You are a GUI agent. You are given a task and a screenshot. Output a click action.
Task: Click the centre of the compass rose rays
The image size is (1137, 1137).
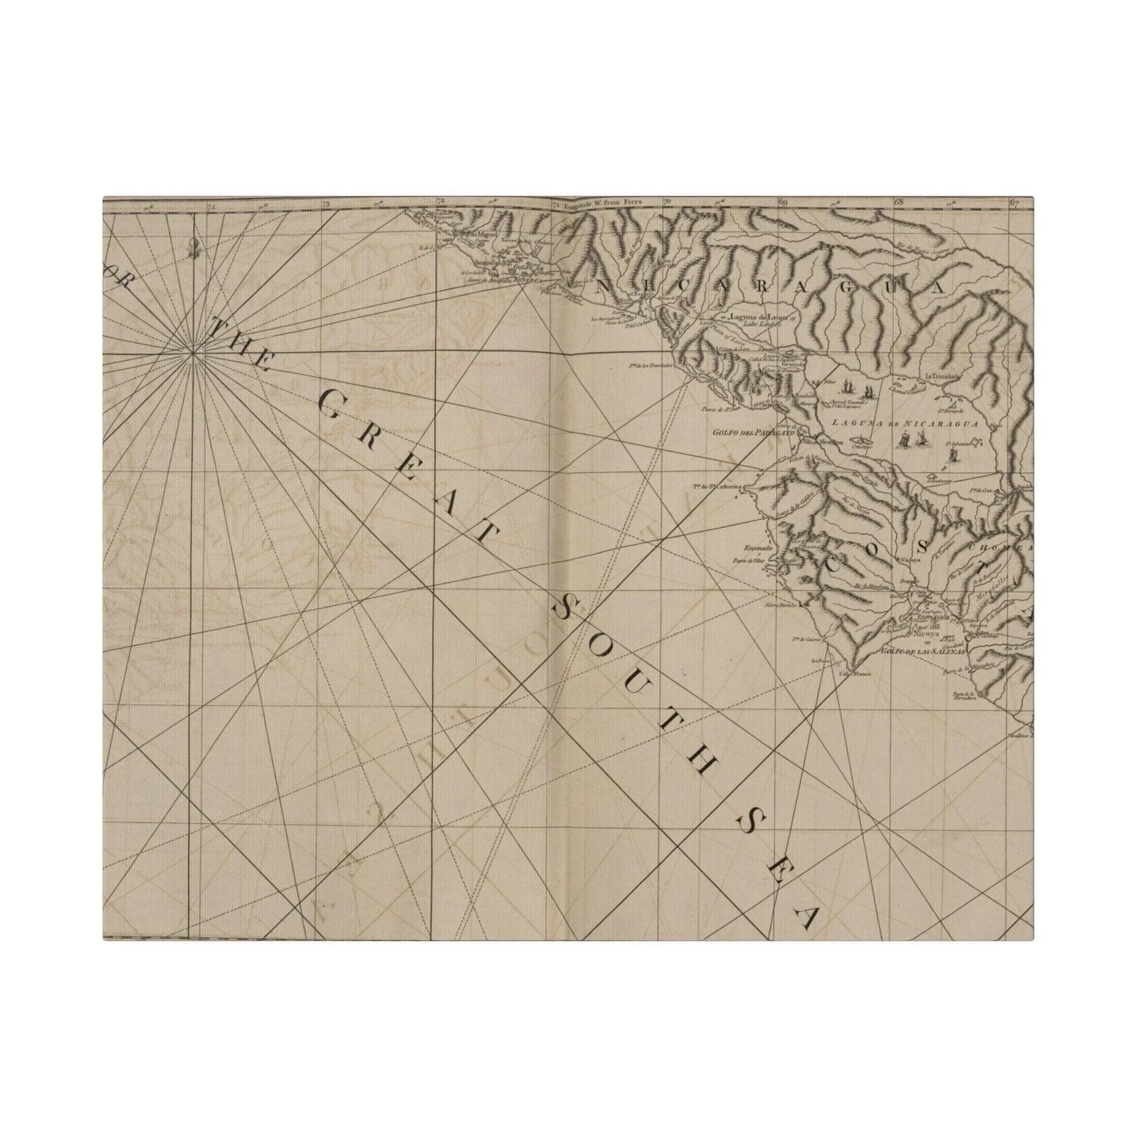pyautogui.click(x=194, y=356)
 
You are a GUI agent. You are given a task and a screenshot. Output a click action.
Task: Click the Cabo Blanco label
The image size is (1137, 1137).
pyautogui.click(x=857, y=674)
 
